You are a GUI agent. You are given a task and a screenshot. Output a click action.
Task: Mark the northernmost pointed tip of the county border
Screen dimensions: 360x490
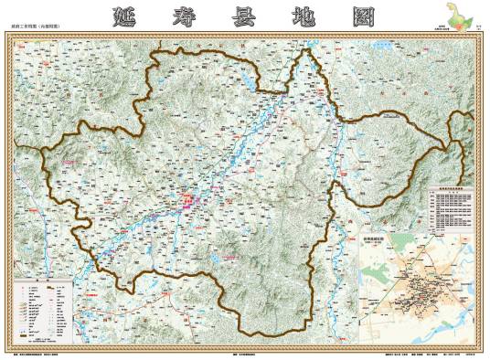tap(308, 50)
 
